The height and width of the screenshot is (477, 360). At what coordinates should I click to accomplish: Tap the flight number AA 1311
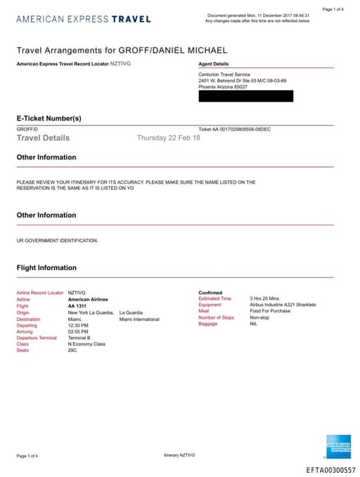[78, 306]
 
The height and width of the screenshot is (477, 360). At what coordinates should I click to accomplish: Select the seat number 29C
[73, 350]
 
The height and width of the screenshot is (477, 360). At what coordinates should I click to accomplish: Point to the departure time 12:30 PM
[78, 325]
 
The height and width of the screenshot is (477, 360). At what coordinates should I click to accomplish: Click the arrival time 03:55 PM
[78, 331]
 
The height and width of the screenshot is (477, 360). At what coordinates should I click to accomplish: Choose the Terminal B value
[79, 338]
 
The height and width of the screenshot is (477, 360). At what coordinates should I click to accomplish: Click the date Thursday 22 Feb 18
[168, 138]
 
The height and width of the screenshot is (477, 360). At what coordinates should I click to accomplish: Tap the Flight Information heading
[46, 267]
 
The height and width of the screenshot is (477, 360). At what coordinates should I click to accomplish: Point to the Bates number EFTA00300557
[330, 469]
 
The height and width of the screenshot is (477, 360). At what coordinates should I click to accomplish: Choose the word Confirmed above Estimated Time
[210, 293]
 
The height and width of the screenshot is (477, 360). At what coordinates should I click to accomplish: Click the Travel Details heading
[43, 138]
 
